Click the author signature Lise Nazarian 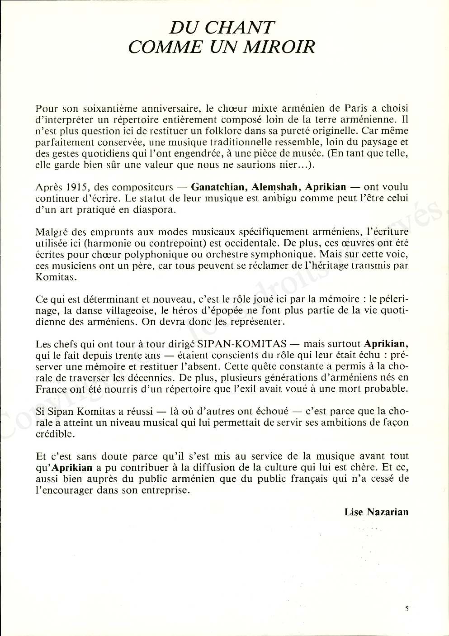click(376, 512)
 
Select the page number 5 click(407, 609)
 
